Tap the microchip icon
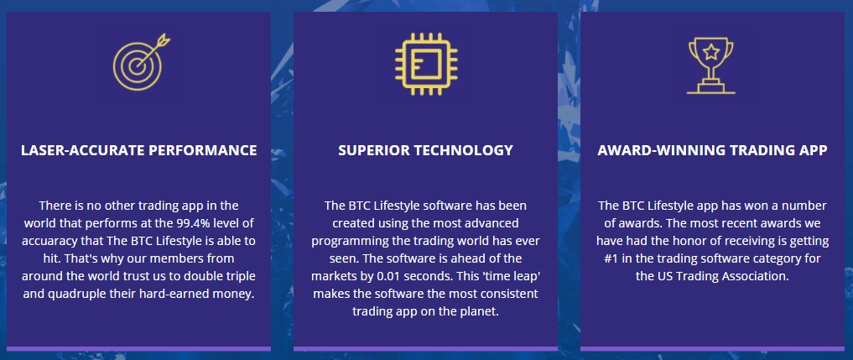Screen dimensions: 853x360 [426, 65]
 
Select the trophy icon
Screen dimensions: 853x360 [711, 65]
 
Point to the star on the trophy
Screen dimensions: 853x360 [711, 52]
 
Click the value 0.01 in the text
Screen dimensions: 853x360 [387, 276]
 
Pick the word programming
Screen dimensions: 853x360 [345, 242]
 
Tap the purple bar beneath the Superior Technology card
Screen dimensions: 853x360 [425, 348]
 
